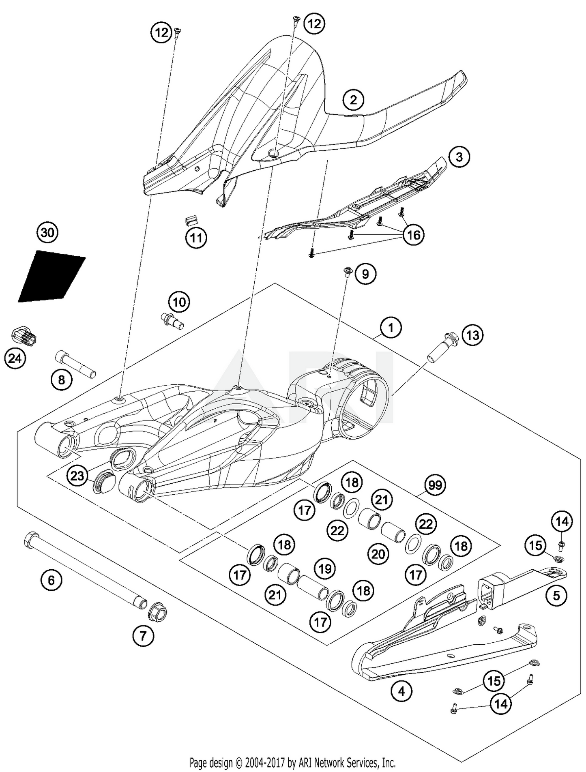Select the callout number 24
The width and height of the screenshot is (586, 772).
pos(15,359)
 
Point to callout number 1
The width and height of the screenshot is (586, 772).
pos(391,327)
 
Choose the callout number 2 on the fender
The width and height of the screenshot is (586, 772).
pos(353,99)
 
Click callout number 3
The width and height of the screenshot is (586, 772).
pos(459,157)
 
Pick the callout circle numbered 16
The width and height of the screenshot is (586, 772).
pos(413,235)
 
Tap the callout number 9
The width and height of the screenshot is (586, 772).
pos(365,274)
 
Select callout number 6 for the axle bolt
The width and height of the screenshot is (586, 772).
pos(51,580)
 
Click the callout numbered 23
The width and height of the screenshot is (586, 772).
pos(77,476)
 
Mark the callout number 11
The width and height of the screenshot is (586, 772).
pos(196,238)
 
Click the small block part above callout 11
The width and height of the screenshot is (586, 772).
pos(191,221)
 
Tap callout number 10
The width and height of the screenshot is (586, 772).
pos(179,302)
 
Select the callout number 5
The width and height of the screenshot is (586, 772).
pos(556,595)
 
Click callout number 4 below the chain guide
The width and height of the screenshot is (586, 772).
pos(401,691)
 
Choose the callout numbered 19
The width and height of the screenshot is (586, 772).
pos(325,569)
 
